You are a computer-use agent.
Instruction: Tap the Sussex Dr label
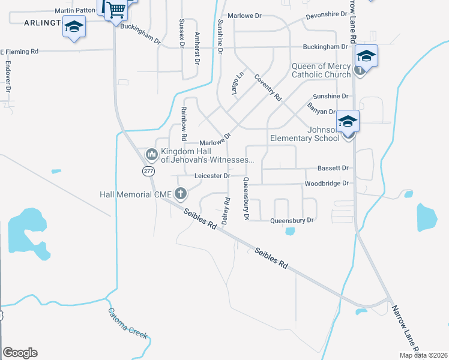[x=181, y=30]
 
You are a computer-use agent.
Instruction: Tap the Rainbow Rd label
[x=185, y=120]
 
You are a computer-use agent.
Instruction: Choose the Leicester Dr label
[x=212, y=176]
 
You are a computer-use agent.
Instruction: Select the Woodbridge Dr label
[x=327, y=183]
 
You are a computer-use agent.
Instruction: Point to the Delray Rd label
[x=226, y=211]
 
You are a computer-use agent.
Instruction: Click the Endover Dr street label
[x=8, y=76]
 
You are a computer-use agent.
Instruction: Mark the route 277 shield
[x=149, y=171]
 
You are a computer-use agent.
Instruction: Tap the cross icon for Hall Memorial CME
[x=180, y=193]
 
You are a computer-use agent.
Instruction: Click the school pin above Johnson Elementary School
[x=348, y=122]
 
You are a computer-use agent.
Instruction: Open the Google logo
[x=20, y=352]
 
